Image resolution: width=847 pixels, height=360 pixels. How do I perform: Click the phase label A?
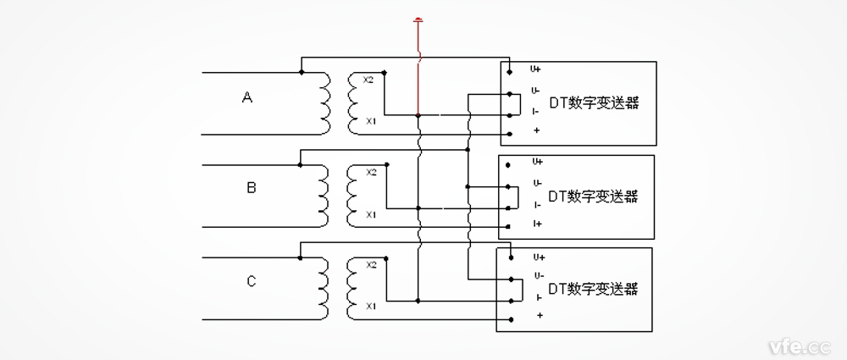(247, 98)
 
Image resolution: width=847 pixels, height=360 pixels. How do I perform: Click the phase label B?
(251, 188)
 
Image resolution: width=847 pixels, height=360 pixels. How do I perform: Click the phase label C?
(251, 281)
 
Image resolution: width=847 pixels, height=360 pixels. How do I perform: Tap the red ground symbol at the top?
(417, 20)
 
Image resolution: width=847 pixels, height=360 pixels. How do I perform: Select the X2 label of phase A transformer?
(369, 80)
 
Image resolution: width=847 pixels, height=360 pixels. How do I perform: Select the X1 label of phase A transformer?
(370, 122)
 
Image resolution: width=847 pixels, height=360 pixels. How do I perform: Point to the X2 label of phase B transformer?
(371, 173)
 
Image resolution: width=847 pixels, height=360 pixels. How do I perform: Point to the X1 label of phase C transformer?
(370, 306)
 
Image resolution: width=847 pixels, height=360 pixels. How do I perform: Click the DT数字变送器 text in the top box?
(593, 103)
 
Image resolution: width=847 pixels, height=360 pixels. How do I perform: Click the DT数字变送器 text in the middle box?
(593, 196)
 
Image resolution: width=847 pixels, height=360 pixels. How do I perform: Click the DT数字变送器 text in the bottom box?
(593, 289)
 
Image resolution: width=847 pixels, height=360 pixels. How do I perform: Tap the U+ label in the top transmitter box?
(536, 69)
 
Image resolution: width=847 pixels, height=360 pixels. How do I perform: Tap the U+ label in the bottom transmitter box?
(539, 256)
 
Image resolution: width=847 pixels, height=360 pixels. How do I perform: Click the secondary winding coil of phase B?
(352, 195)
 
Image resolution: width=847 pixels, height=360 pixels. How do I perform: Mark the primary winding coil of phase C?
(325, 289)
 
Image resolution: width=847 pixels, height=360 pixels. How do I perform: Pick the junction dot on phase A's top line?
(302, 73)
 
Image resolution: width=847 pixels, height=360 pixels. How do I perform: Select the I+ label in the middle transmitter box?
(538, 224)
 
